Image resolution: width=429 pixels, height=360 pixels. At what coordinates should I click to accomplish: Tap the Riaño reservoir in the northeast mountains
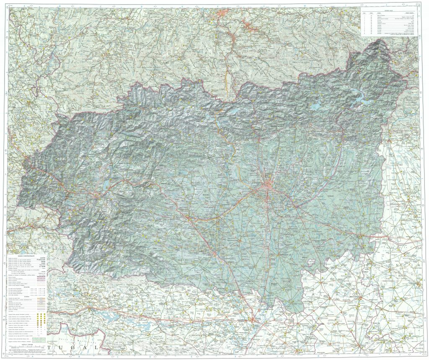(x=360, y=101)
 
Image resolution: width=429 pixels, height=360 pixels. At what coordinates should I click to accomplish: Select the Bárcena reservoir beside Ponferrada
(x=105, y=184)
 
